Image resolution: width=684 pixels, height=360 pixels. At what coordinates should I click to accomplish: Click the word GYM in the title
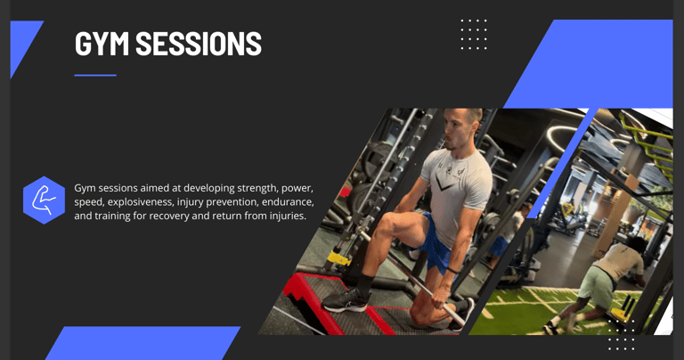[102, 43]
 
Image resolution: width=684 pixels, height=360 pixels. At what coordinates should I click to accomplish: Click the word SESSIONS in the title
[199, 43]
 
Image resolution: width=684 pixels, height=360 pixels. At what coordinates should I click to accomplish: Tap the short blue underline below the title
[95, 75]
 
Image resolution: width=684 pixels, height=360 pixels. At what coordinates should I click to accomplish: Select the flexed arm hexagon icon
[44, 200]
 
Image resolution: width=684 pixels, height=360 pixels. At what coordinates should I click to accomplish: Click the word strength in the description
[257, 188]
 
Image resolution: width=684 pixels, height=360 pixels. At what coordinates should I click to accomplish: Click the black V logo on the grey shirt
[444, 184]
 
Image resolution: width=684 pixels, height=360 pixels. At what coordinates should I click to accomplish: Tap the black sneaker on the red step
[346, 300]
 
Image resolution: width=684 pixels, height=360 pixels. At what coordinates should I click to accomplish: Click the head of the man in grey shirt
[462, 128]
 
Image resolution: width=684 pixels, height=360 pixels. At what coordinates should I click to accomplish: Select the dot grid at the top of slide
[474, 34]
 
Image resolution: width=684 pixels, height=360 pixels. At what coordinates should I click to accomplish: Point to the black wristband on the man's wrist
[452, 271]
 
